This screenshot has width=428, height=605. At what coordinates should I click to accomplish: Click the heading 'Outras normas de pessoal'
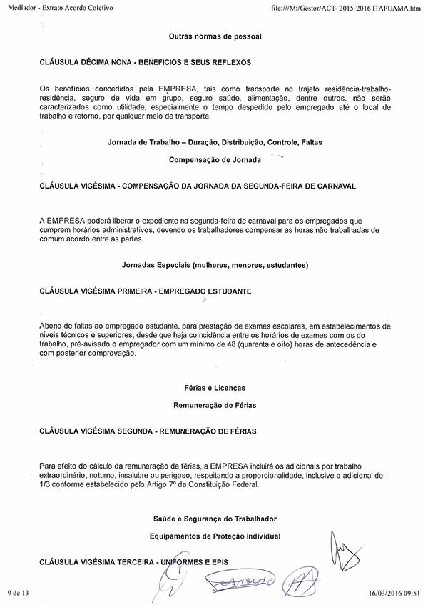(215, 36)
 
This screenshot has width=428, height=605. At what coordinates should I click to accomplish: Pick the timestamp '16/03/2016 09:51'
(393, 593)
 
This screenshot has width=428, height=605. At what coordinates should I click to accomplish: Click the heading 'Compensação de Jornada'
(215, 158)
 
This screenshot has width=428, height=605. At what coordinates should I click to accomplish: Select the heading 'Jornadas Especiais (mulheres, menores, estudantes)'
(215, 265)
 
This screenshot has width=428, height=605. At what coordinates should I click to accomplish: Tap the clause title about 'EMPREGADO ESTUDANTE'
(146, 291)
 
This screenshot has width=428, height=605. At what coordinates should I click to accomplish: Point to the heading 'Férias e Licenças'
(215, 388)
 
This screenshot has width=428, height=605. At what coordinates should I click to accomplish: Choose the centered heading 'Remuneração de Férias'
(215, 405)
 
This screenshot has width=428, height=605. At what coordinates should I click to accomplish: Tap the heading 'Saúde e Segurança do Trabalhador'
(215, 518)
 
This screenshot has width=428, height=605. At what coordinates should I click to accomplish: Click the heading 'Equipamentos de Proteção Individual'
(215, 536)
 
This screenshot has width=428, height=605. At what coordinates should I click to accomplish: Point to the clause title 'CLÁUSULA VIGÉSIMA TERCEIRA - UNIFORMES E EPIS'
(133, 562)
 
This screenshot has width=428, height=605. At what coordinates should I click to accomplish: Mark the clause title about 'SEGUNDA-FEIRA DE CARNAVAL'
(198, 185)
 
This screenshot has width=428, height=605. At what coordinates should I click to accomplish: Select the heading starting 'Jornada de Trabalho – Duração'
(215, 142)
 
